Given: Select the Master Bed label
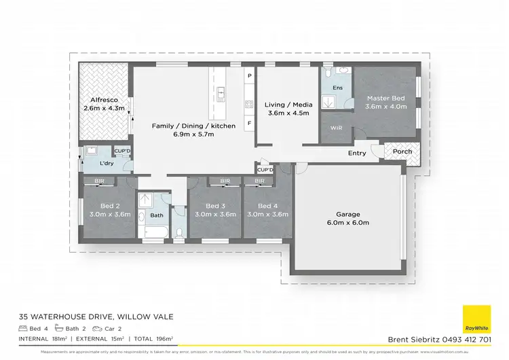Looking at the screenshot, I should click(386, 97).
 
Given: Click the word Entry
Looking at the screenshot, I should click(357, 153).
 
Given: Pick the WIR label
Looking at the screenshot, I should click(335, 128).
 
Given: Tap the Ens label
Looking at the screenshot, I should click(337, 88).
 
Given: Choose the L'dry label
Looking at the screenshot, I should click(107, 164).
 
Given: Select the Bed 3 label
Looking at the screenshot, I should click(214, 206).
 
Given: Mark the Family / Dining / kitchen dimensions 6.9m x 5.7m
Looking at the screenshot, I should click(194, 134).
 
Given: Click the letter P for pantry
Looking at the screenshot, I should click(249, 75).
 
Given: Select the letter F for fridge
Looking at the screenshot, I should click(249, 123).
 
